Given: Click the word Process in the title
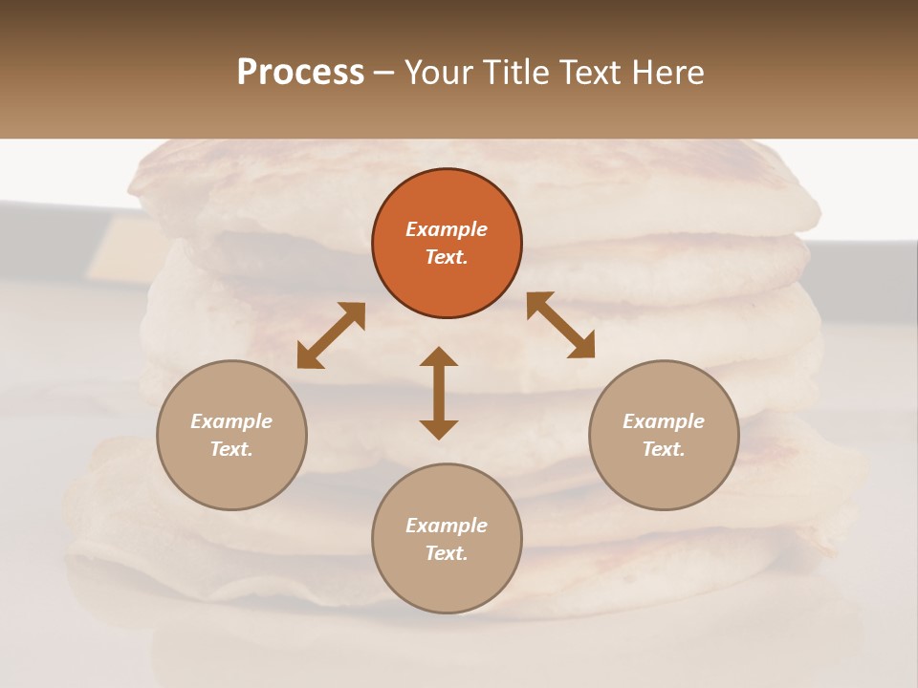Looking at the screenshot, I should click(300, 73).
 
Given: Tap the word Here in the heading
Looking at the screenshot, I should click(669, 73).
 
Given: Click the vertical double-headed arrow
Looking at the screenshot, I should click(439, 393).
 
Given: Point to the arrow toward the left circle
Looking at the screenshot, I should click(331, 335).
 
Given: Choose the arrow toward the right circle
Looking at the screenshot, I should click(560, 325).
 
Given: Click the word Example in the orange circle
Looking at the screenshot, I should click(447, 229).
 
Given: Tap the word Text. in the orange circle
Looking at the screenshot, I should click(447, 257).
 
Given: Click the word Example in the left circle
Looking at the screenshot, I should click(231, 421).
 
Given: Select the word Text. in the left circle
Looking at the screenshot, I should click(231, 449).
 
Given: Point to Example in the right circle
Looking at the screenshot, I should click(664, 421).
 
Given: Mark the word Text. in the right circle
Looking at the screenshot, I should click(664, 449).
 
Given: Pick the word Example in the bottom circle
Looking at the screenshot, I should click(447, 526).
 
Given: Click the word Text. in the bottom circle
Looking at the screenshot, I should click(447, 553).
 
